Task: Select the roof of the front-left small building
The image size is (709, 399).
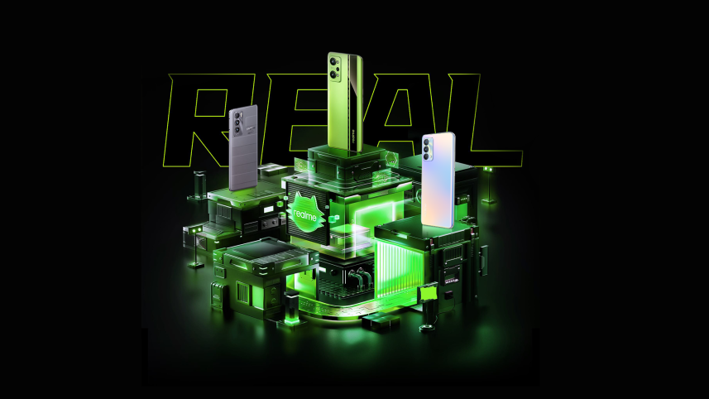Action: point(260,252)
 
